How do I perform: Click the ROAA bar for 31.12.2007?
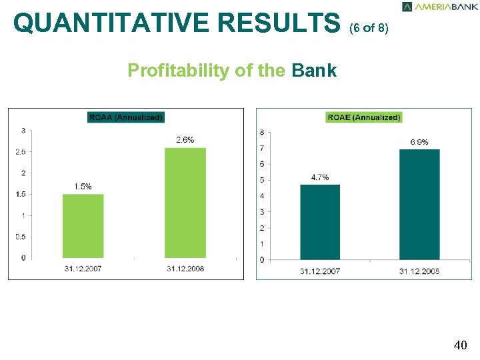point(83,225)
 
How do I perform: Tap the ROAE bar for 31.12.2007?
point(320,221)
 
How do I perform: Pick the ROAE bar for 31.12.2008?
point(419,204)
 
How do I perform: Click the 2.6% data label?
point(185,140)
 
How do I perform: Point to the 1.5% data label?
point(83,187)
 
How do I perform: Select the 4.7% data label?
point(320,177)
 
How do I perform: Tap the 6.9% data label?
point(419,142)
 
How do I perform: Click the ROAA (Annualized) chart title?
point(126,117)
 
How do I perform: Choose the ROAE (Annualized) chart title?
point(364,117)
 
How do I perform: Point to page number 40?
point(460,345)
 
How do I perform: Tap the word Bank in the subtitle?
point(314,70)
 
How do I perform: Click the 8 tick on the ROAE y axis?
point(262,132)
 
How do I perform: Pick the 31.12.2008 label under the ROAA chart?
point(185,268)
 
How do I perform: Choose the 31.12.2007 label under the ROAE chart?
point(320,271)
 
